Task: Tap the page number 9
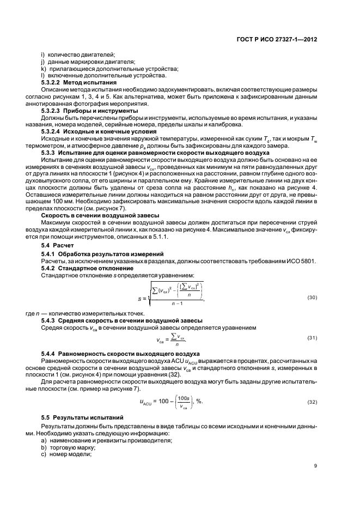click(x=315, y=465)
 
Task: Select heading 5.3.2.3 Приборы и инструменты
click(x=82, y=111)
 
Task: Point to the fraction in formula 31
click(x=178, y=339)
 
